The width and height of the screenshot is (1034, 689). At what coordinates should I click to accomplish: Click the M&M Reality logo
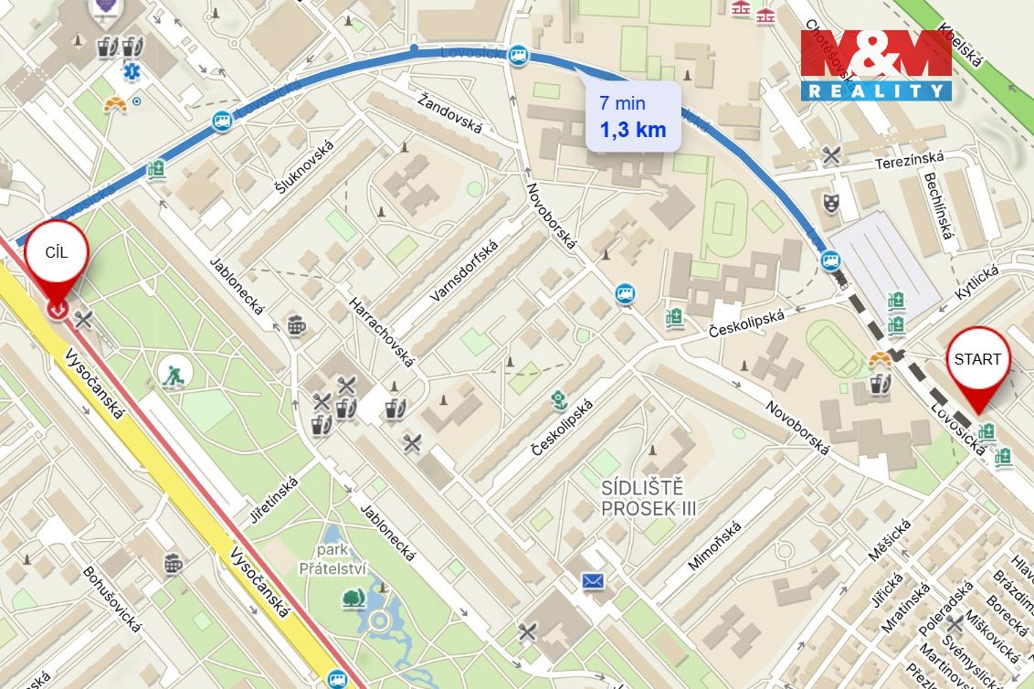click(876, 65)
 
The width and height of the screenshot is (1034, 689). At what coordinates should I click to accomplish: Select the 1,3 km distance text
click(633, 129)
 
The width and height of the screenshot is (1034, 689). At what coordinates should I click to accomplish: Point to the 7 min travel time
click(622, 103)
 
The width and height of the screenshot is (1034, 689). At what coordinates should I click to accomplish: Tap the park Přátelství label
click(332, 560)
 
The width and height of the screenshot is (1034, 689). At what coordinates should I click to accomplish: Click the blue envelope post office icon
click(594, 580)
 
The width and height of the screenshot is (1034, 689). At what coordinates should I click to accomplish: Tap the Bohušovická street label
click(113, 600)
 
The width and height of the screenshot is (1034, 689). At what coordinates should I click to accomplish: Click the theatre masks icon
click(830, 202)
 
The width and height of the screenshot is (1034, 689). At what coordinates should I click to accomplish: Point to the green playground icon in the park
click(172, 374)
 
